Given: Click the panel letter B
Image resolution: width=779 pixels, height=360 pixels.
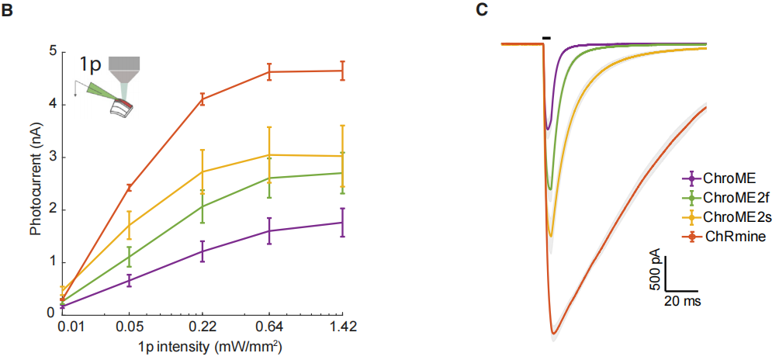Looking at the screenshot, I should pos(7,10).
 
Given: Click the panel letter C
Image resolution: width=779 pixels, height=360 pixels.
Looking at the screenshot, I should pos(481,10).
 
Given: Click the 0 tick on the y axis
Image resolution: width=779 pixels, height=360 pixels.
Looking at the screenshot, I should pos(51,313).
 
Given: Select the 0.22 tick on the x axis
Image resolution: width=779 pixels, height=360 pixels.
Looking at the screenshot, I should pos(203,328).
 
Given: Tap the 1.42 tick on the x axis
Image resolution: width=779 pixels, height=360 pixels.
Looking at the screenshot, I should pos(342,328).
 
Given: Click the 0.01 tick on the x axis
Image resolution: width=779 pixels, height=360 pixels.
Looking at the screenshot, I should pos(62,328).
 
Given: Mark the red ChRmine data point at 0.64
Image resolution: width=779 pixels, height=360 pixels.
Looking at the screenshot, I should pos(269,72).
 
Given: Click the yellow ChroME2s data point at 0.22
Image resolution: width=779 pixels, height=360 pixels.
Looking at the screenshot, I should pos(203,171).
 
